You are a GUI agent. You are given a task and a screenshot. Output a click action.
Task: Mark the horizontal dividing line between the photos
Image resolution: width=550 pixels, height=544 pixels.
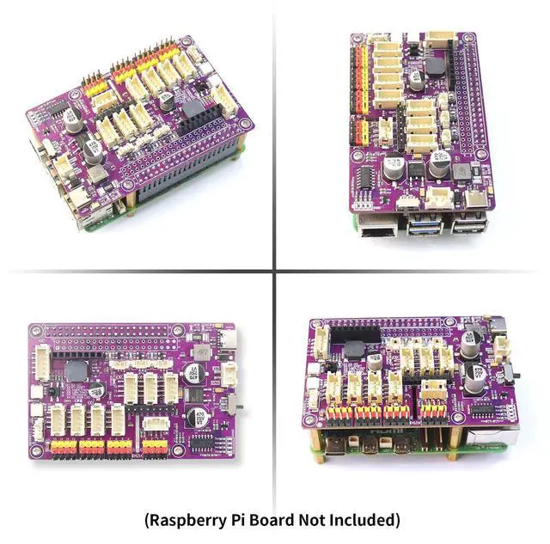(x=137, y=272)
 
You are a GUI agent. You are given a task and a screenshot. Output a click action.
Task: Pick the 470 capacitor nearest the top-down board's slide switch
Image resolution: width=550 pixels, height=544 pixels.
(x=194, y=415)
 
